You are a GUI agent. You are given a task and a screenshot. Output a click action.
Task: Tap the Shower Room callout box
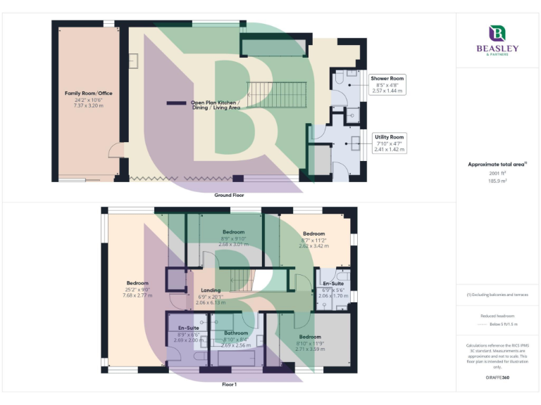point(387,84)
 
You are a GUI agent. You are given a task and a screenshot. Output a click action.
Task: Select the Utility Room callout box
point(390,143)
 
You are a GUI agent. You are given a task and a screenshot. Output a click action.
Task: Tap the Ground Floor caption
point(230,194)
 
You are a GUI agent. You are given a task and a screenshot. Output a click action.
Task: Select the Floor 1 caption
point(229,385)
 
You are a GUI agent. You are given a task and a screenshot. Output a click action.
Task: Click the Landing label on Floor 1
point(211,290)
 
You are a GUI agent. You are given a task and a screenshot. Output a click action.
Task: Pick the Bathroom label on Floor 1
point(236,333)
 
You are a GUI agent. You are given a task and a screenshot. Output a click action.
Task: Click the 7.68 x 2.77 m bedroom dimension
point(138,295)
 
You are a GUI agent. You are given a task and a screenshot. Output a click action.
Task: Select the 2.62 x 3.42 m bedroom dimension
point(313,246)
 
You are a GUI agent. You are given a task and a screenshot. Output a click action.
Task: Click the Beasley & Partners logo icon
point(498,33)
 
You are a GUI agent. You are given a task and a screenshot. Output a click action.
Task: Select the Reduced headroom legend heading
point(497,316)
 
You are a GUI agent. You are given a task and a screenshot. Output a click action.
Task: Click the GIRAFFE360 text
point(497,378)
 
